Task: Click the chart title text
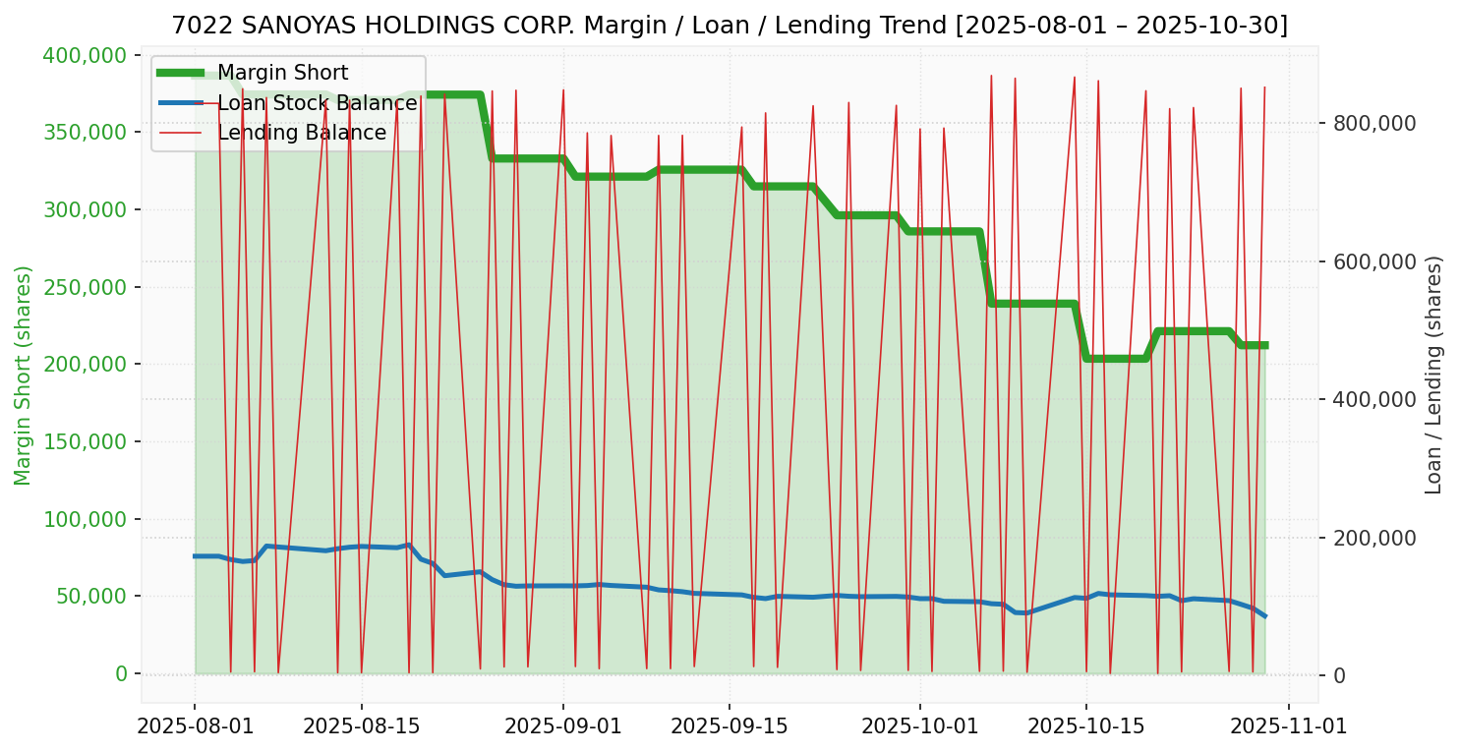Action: [730, 26]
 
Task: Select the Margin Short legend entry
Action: [282, 73]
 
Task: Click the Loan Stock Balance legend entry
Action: [317, 103]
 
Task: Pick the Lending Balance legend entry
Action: [301, 133]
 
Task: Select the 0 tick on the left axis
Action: [122, 673]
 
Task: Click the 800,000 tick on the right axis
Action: [1373, 123]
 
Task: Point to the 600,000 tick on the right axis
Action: [1373, 261]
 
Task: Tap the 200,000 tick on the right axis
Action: [1373, 538]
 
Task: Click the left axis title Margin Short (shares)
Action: [24, 375]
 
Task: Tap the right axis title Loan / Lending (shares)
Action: [1433, 375]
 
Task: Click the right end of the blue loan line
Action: [1264, 616]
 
